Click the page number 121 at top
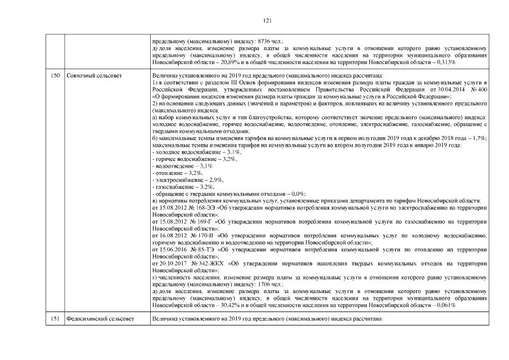tap(268, 21)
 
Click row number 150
tap(55, 75)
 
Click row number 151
tap(55, 319)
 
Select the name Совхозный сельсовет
tap(93, 75)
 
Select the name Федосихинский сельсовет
tap(100, 319)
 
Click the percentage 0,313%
tap(444, 62)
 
